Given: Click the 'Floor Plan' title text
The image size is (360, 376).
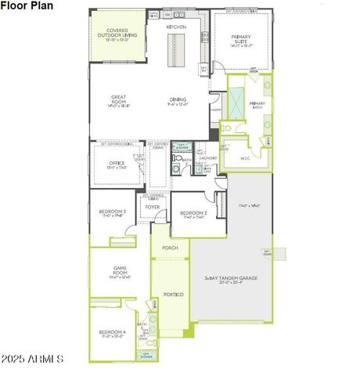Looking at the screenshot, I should [27, 5].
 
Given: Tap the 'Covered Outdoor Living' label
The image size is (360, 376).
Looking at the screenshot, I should [117, 34].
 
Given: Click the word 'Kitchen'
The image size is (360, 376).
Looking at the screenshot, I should [176, 27].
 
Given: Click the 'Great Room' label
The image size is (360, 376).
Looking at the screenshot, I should [118, 100].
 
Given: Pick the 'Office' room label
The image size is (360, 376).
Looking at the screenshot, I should [117, 164].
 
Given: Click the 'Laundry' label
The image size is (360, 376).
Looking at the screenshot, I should [207, 158].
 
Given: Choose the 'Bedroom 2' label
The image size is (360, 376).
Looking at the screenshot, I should [193, 213].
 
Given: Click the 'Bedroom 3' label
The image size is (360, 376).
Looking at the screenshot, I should [113, 211].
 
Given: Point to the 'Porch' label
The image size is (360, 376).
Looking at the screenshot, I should [170, 248].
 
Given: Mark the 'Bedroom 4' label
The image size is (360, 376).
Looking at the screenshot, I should [113, 333].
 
